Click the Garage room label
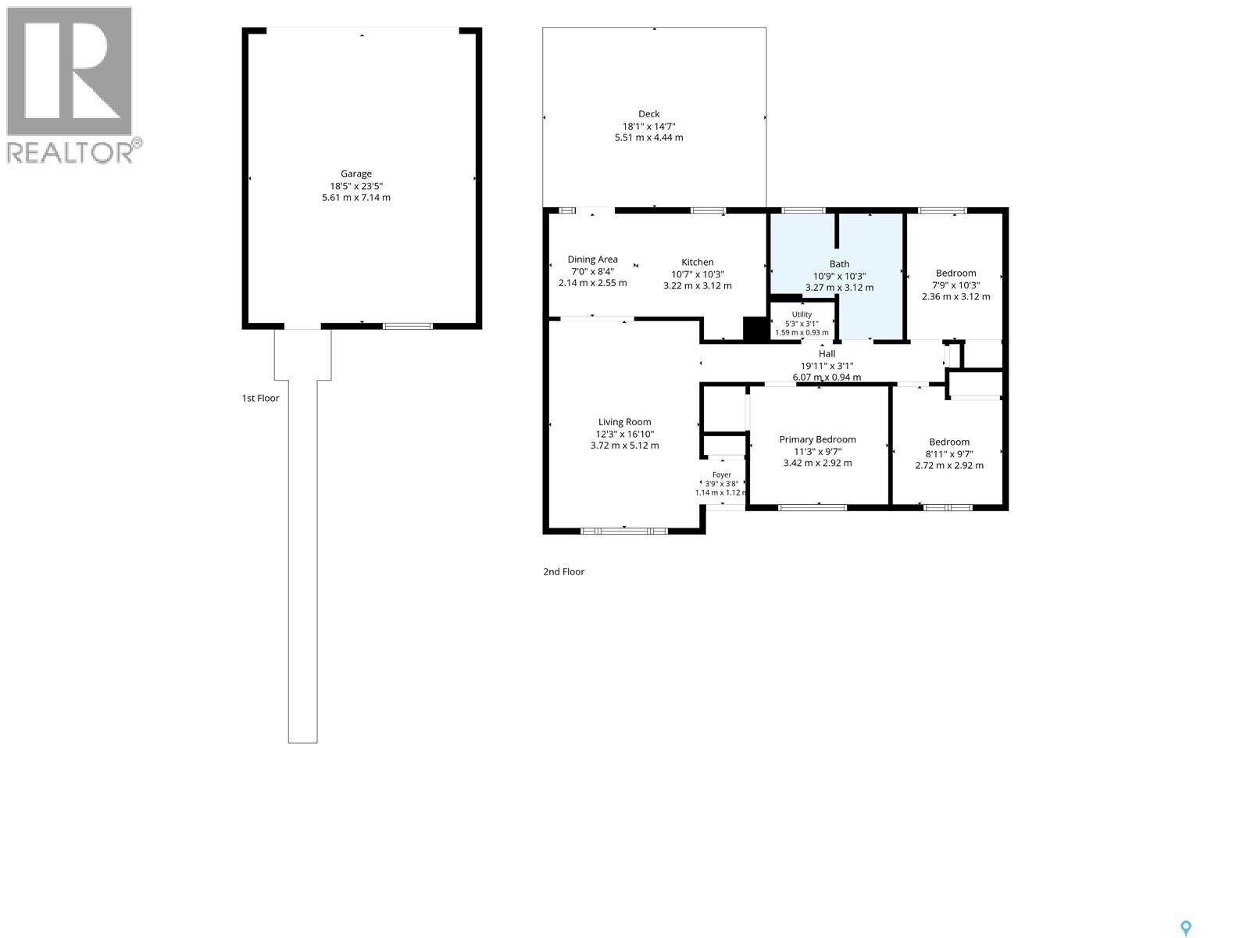[356, 174]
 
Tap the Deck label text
[648, 114]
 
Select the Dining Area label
[592, 260]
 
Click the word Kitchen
[697, 262]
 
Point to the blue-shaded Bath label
[839, 263]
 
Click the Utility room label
[802, 314]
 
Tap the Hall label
[827, 353]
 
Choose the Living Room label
[624, 422]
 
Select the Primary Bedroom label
[817, 439]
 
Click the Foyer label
[722, 474]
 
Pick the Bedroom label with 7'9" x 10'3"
[955, 273]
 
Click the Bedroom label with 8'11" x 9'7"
[948, 442]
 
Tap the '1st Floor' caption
[260, 398]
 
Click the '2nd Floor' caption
[563, 571]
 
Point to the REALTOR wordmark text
[70, 152]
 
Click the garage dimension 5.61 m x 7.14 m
[356, 198]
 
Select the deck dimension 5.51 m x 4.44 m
[648, 138]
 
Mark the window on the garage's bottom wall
[407, 326]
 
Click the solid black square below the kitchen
[755, 328]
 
